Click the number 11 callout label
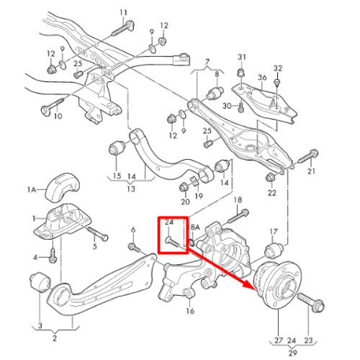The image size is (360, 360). coord(123,13)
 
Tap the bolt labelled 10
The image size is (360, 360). coord(53,106)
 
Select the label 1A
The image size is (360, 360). coord(31,190)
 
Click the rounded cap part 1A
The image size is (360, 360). coord(63,186)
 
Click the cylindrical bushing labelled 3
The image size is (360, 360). coord(40,282)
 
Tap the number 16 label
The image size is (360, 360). coord(190,311)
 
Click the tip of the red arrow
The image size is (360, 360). coord(254,289)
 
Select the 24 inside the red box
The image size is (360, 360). coord(169,222)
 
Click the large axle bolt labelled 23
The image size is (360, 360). coord(311,302)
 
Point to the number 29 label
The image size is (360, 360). coord(292,353)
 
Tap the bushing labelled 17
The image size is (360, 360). coord(274,251)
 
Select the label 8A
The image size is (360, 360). coord(195,227)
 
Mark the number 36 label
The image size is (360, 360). coord(262,78)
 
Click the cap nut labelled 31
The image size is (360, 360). coord(241,73)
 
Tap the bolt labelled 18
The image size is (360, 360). coord(238,216)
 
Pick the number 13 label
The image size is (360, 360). coord(131,189)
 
